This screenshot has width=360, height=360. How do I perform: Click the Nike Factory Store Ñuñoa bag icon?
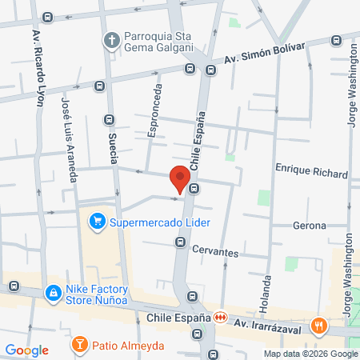(x=54, y=294)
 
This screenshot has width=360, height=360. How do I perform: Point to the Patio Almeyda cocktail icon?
(x=80, y=346)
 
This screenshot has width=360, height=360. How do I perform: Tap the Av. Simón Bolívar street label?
(x=265, y=54)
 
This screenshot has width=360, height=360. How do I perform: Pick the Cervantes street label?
(x=215, y=251)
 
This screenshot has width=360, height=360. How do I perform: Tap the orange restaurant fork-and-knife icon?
(x=319, y=325)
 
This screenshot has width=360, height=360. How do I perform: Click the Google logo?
(x=26, y=350)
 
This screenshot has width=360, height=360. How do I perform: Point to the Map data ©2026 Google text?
(x=311, y=354)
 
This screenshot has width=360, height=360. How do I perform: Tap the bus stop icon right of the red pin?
(x=195, y=189)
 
